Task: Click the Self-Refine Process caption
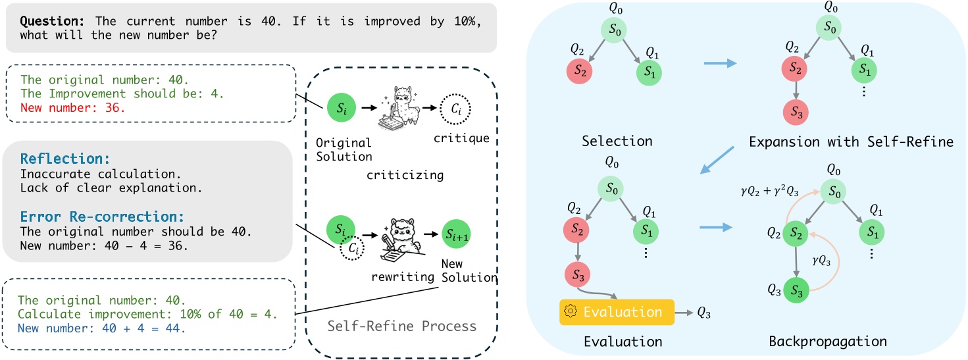click(x=401, y=326)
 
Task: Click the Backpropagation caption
click(x=827, y=342)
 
